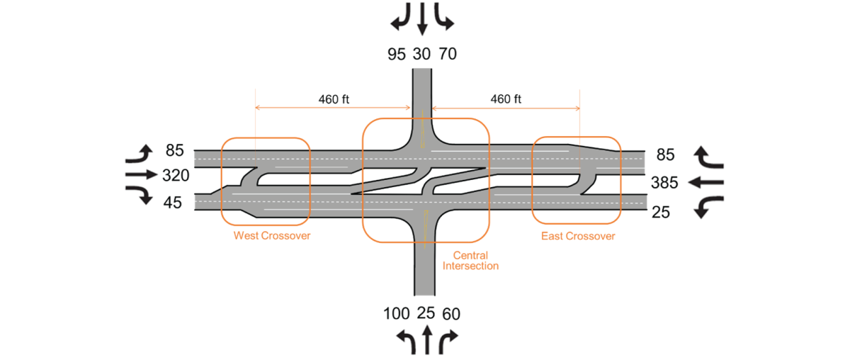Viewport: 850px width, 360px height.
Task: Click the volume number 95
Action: pos(397,54)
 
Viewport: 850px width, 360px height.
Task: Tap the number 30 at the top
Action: pos(422,54)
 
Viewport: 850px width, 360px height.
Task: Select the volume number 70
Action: pos(448,54)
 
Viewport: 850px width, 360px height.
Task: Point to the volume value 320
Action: pos(176,175)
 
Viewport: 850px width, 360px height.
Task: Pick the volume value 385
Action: pos(664,183)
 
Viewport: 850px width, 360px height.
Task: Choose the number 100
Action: pos(397,313)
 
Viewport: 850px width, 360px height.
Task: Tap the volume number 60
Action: pos(451,313)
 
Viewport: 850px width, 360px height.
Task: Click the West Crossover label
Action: pos(272,235)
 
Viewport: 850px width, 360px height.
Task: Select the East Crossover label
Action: pos(578,235)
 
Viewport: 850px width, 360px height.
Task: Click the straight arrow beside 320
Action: pos(141,174)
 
